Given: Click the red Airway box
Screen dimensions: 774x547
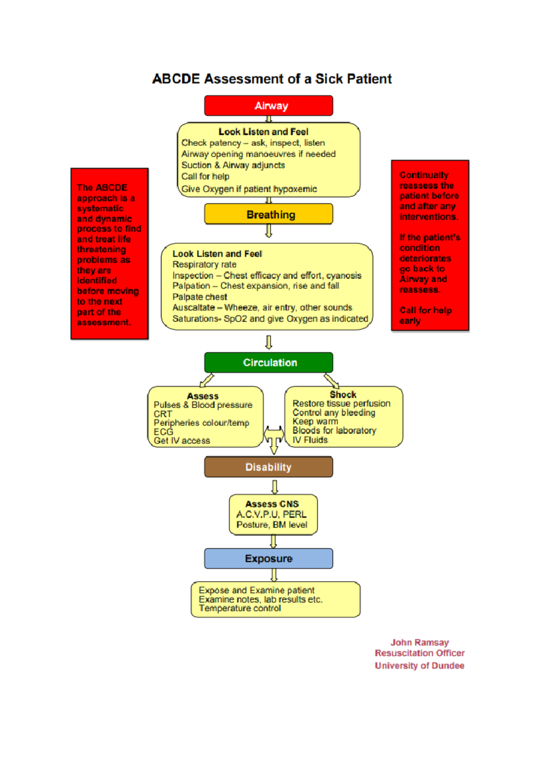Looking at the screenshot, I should (x=268, y=106).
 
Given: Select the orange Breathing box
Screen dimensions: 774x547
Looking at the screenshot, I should (x=268, y=214).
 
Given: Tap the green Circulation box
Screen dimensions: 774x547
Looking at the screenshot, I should (x=268, y=362).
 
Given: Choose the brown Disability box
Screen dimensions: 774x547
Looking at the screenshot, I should (x=268, y=467).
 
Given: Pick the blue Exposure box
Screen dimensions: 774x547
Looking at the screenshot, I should (x=268, y=558).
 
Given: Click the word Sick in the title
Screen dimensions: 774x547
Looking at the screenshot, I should (x=329, y=79).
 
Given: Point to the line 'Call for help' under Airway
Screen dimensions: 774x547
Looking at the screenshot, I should (x=205, y=176).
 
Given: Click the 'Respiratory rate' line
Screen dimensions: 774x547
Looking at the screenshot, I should (x=204, y=264).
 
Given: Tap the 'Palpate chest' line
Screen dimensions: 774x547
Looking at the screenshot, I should (x=200, y=297).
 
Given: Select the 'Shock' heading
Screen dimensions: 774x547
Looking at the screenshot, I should (x=343, y=395).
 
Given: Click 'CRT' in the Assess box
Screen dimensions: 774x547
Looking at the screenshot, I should (x=163, y=414).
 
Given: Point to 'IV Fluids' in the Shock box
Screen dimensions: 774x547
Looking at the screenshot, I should (x=310, y=440).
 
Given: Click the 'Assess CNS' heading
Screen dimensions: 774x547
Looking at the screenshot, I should (x=272, y=504).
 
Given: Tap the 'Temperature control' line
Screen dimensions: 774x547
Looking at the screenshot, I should (x=240, y=608).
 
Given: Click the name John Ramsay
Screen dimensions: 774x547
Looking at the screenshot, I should (x=419, y=642).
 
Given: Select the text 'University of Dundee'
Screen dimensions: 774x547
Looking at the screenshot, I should (x=419, y=666).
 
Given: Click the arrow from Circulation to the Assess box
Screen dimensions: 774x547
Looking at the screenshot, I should (x=207, y=380).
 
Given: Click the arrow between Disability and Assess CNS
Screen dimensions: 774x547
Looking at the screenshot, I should (x=274, y=487).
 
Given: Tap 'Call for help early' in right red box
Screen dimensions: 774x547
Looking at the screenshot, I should (x=425, y=315).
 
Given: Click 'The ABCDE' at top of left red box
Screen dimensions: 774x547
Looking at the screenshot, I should (x=102, y=188).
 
